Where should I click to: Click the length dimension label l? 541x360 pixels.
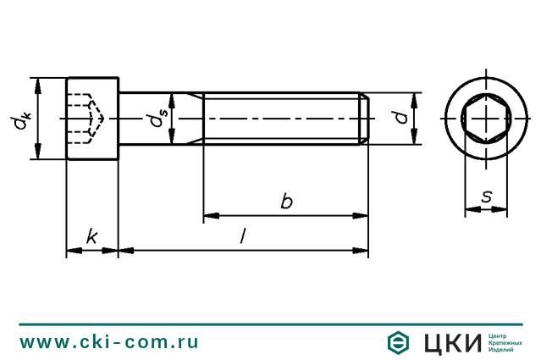(244, 238)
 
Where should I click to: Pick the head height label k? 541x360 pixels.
(91, 238)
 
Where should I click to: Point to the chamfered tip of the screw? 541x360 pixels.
(366, 119)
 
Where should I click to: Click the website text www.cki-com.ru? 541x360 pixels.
(109, 341)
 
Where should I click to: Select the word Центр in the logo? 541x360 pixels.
(500, 335)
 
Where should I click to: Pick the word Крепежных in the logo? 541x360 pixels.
(505, 342)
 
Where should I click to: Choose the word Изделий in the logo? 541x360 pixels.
(502, 350)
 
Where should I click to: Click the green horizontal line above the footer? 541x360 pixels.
(270, 323)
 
